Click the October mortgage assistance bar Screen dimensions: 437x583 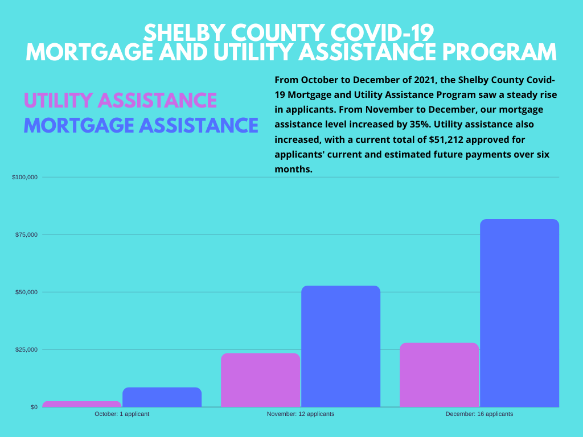click(x=162, y=397)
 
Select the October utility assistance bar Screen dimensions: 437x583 click(x=82, y=404)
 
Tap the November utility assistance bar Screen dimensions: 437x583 click(x=260, y=380)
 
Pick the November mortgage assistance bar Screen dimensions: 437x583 click(x=340, y=346)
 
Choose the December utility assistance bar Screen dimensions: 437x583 click(x=439, y=375)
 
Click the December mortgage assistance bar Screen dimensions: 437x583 click(x=519, y=313)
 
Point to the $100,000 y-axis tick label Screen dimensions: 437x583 click(x=25, y=178)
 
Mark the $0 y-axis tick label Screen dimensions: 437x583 click(x=33, y=407)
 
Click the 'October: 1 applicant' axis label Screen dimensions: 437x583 click(x=122, y=414)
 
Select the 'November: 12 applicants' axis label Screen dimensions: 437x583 click(x=301, y=414)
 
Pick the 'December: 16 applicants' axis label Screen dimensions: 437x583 click(x=479, y=414)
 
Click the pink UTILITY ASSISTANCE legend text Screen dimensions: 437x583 click(x=120, y=101)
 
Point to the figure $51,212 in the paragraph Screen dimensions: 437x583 click(x=449, y=139)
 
